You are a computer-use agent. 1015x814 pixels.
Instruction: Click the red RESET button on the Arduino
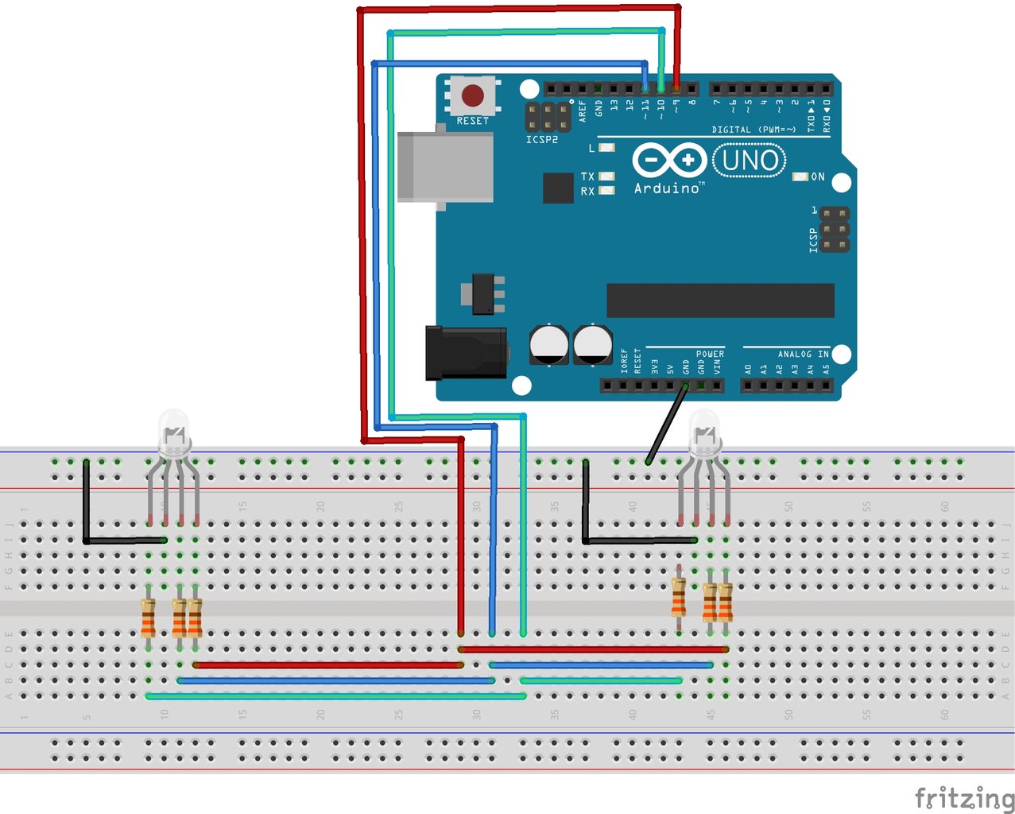point(472,96)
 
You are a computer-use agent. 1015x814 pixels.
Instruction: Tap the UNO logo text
point(750,161)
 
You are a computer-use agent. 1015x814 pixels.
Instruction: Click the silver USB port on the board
point(444,167)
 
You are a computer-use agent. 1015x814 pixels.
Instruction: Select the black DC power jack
point(466,352)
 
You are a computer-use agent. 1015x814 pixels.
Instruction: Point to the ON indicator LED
point(800,176)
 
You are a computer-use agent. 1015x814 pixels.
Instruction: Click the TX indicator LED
point(606,176)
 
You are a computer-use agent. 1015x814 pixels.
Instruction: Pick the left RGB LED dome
point(174,430)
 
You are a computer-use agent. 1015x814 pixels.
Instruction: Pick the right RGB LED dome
point(703,430)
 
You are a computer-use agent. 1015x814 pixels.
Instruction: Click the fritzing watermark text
point(963,797)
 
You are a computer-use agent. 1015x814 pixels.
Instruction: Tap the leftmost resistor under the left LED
point(149,618)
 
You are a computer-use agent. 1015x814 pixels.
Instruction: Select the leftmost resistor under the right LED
point(678,597)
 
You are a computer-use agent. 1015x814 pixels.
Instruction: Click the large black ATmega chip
point(720,300)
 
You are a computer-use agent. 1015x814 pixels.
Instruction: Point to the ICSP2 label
point(541,140)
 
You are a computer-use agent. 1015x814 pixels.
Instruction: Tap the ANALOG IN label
point(802,354)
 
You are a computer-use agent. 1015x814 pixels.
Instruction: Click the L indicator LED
point(606,148)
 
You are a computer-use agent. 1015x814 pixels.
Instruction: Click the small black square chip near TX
point(558,188)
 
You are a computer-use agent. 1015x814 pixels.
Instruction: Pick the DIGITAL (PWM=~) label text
point(753,130)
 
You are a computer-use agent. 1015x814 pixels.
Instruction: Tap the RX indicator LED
point(606,191)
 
